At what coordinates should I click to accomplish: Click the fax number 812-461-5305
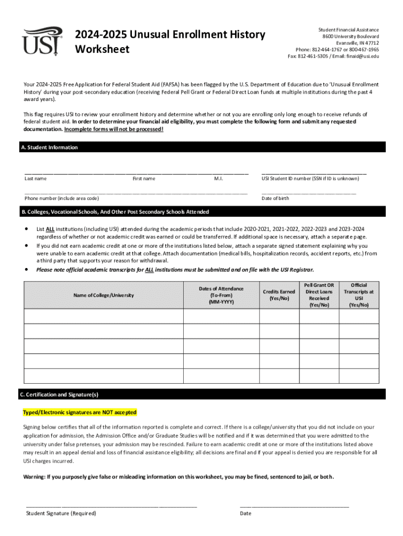(314, 56)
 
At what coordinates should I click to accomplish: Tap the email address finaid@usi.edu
(362, 56)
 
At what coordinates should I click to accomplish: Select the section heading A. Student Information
(49, 148)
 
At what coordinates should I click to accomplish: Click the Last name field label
(36, 178)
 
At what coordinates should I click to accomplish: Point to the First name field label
(144, 178)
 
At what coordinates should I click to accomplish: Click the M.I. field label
(219, 178)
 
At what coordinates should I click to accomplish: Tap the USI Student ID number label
(310, 178)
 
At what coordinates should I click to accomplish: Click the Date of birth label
(275, 198)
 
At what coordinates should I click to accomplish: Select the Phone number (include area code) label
(62, 198)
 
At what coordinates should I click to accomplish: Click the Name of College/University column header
(104, 295)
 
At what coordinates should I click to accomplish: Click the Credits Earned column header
(279, 295)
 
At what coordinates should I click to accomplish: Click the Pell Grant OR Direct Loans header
(319, 295)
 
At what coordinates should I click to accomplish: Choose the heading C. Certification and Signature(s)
(60, 395)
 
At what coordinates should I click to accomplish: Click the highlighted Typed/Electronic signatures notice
(80, 412)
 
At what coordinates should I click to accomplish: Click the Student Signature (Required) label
(61, 513)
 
